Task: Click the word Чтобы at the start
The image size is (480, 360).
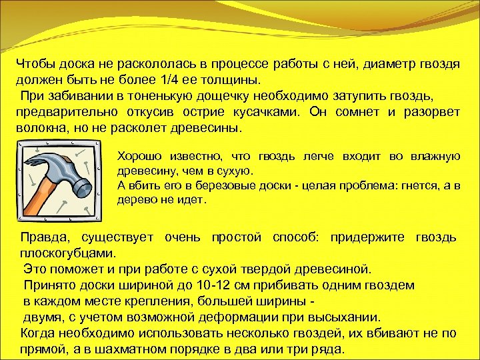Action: click(38, 65)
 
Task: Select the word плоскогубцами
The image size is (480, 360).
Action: click(67, 253)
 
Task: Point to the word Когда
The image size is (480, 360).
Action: click(39, 333)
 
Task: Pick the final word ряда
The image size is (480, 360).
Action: click(329, 349)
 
